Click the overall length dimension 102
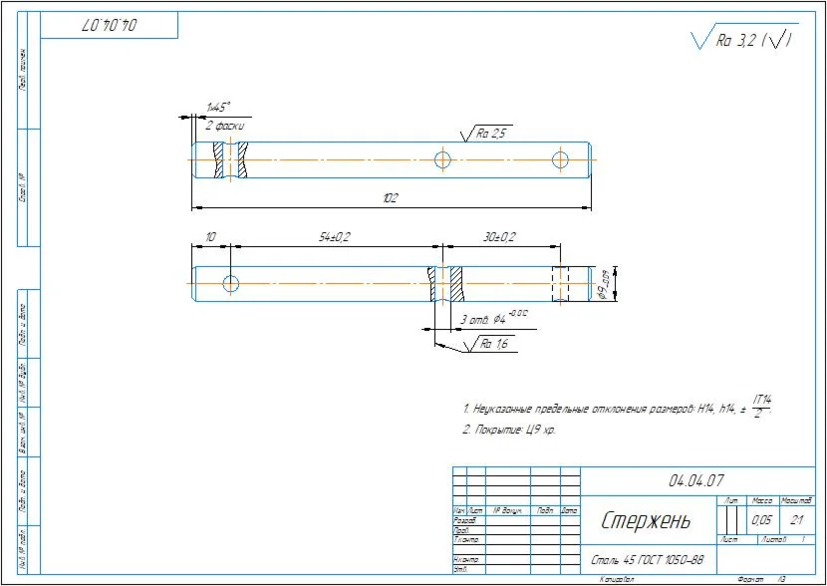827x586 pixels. point(390,198)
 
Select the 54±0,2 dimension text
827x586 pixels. point(334,236)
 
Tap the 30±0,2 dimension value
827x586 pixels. point(499,236)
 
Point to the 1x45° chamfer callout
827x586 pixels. point(217,107)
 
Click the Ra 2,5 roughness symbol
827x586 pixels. point(485,133)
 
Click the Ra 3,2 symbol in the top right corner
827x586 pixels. point(743,40)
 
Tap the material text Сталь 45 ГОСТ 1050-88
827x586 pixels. point(648,560)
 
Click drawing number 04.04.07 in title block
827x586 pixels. point(696,480)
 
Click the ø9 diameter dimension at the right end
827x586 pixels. point(605,284)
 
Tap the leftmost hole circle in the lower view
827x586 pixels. point(231,283)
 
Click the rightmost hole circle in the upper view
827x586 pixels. point(561,158)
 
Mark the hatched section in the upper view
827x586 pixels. point(231,159)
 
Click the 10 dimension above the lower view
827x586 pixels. point(210,236)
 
